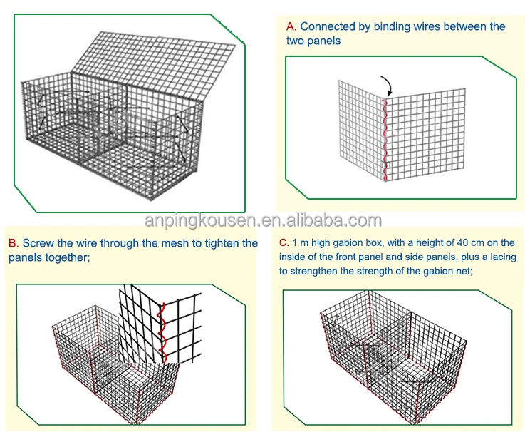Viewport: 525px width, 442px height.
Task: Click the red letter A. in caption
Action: click(x=291, y=27)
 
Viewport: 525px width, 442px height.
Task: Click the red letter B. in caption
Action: click(x=14, y=243)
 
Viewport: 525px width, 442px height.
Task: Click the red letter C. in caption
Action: click(x=284, y=243)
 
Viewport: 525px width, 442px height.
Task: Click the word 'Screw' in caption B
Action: click(x=39, y=243)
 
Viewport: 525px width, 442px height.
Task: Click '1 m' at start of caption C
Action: click(x=301, y=243)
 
